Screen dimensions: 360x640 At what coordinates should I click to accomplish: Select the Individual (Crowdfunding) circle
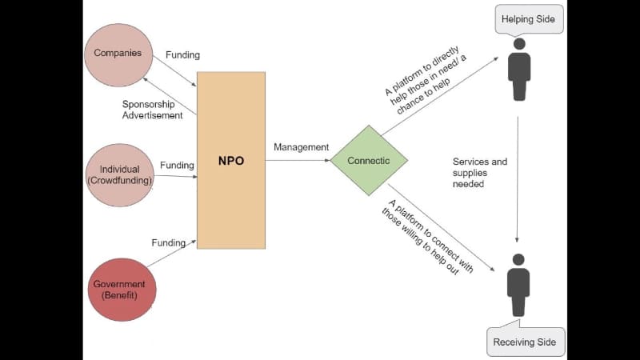click(119, 174)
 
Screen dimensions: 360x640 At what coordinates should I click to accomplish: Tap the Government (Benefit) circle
click(118, 290)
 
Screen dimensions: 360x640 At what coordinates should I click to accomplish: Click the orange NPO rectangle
click(230, 160)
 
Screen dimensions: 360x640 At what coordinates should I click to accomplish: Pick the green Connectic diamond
click(369, 161)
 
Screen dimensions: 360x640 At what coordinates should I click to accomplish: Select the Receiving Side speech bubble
click(526, 342)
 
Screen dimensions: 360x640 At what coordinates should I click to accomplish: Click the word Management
click(301, 147)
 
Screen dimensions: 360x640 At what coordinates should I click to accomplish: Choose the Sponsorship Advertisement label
click(152, 110)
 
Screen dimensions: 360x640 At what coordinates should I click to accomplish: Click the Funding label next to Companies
click(182, 55)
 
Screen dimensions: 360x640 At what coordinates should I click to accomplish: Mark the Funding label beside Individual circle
click(177, 166)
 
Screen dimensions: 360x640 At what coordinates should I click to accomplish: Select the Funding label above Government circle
click(168, 242)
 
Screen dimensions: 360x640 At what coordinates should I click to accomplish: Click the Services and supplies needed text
click(479, 172)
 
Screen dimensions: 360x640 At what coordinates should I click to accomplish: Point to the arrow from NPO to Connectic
click(298, 160)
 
